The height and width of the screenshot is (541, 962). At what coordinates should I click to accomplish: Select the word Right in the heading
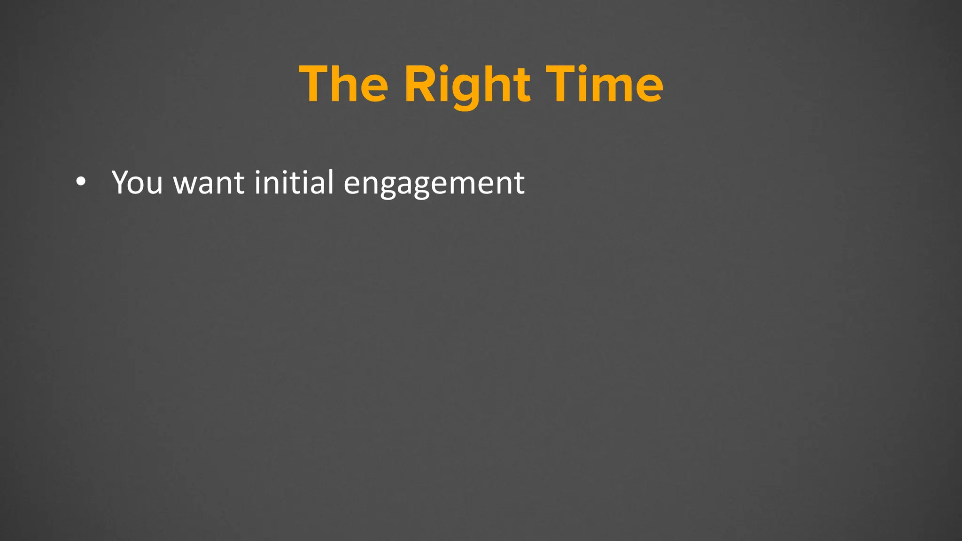click(467, 85)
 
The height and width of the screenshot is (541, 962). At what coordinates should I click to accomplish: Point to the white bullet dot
click(81, 182)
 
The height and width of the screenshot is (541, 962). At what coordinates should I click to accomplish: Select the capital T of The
click(314, 85)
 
